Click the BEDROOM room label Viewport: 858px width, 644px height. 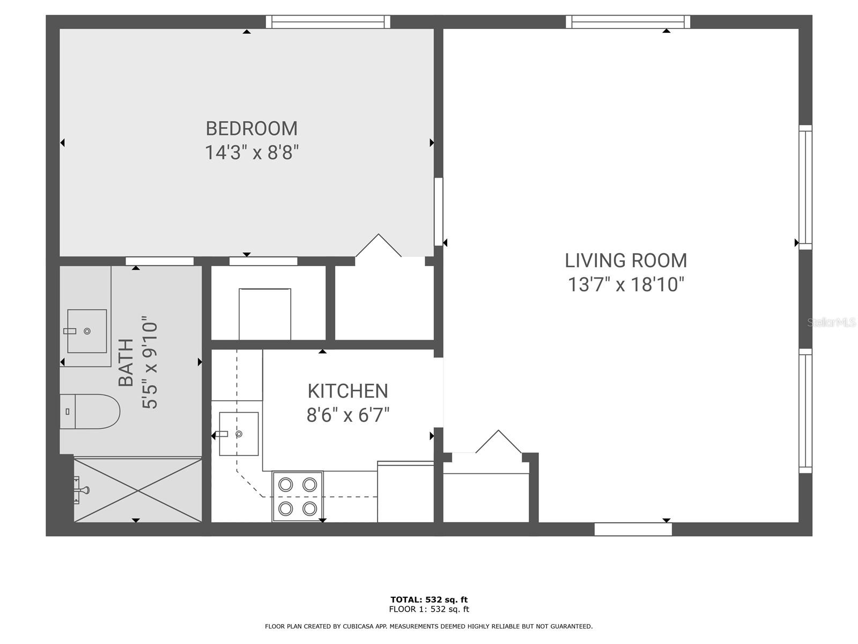pos(252,129)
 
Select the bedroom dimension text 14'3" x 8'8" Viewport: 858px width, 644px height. pos(252,153)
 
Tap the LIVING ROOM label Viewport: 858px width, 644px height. pos(626,261)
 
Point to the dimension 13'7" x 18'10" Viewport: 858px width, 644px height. pos(626,284)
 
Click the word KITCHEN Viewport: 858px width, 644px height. pos(347,391)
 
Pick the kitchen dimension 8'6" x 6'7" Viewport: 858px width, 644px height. pos(347,415)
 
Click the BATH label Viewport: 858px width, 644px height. pos(126,363)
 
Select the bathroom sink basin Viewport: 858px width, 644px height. pos(87,331)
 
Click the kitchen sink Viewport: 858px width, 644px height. pos(239,434)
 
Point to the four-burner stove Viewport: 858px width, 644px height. pos(298,496)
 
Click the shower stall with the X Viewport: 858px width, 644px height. pos(138,490)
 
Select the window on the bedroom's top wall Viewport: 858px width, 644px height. pos(328,22)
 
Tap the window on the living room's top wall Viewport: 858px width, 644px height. pos(628,22)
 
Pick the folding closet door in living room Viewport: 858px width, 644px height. pos(499,442)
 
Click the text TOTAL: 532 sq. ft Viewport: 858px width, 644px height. pos(429,599)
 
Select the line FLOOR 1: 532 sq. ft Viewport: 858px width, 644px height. pos(429,609)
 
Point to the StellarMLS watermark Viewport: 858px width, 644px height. pos(831,323)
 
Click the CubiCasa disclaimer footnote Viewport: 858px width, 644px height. pos(429,626)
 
